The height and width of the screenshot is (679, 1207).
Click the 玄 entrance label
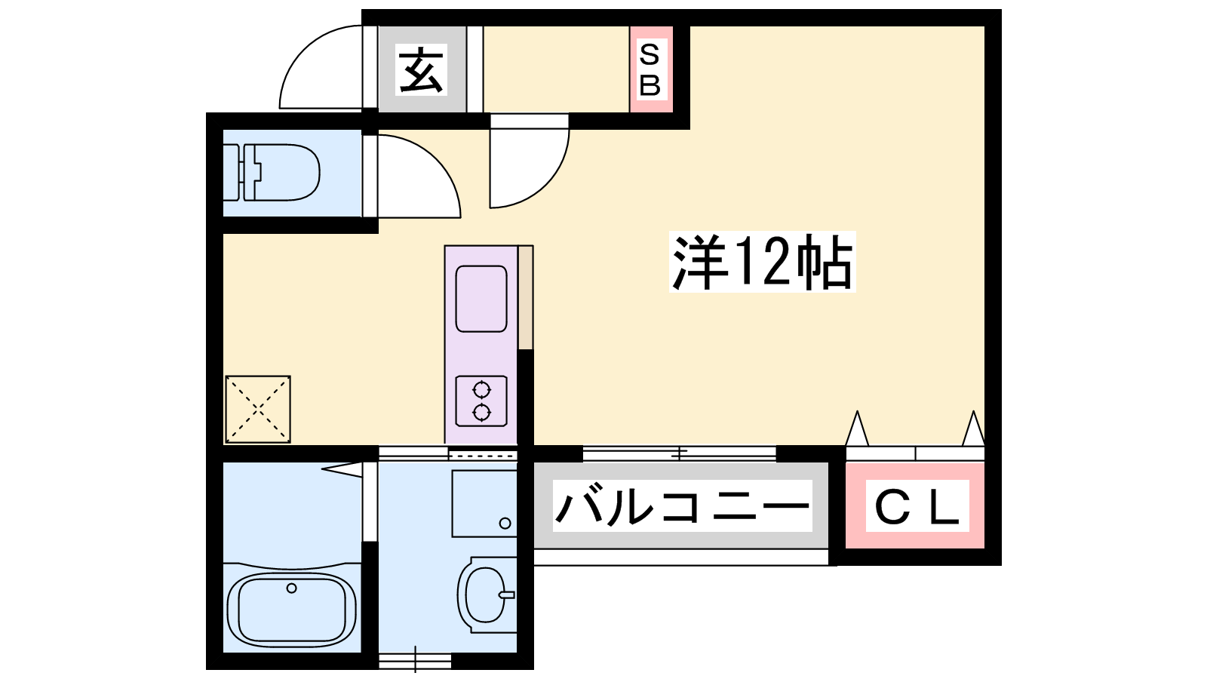[x=422, y=70]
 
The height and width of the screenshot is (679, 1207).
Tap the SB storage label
[x=650, y=70]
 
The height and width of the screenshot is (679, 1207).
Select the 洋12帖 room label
[x=762, y=262]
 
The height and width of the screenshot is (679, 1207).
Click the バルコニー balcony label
[x=682, y=505]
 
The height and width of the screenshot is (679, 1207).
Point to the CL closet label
[x=917, y=505]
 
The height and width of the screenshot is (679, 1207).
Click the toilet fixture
[x=272, y=173]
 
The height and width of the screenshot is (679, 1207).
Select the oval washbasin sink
[x=486, y=595]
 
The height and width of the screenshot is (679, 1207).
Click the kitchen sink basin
[x=481, y=299]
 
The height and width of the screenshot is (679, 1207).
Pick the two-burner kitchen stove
[x=481, y=401]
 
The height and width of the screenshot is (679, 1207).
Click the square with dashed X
[x=258, y=410]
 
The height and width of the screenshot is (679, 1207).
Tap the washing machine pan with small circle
[x=484, y=504]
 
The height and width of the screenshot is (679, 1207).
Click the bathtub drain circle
[x=291, y=588]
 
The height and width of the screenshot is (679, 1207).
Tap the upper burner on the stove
[x=481, y=389]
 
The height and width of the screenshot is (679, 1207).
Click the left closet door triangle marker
[x=857, y=429]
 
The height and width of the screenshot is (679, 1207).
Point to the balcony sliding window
[x=679, y=453]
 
